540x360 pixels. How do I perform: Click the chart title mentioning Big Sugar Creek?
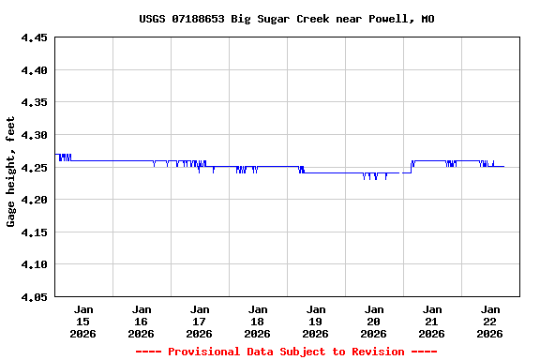pos(286,19)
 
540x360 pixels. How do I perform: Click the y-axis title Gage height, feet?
pos(11,172)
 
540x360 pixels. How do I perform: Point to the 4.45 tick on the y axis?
pos(34,38)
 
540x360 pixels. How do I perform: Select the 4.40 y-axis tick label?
pos(34,70)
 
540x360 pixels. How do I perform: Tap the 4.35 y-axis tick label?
pos(34,103)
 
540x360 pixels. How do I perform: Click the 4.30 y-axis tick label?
pos(34,135)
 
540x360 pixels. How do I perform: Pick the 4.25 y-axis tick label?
pos(34,168)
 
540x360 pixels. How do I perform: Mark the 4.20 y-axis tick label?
pos(34,200)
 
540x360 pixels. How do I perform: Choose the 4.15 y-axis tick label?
pos(34,232)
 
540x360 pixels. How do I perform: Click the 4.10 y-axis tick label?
pos(34,264)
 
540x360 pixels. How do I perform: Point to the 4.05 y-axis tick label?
pos(34,297)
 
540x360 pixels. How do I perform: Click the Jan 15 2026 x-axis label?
pos(83,321)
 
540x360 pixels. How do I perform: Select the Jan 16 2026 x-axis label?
pos(142,321)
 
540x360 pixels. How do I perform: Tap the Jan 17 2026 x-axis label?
pos(200,321)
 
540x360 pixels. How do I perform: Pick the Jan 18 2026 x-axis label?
pos(258,321)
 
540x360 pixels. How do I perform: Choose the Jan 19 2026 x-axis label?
pos(316,321)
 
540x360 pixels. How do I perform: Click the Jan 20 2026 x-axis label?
pos(374,321)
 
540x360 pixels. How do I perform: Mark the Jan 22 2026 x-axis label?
pos(490,321)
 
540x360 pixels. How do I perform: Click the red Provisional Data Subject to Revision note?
pos(286,352)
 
